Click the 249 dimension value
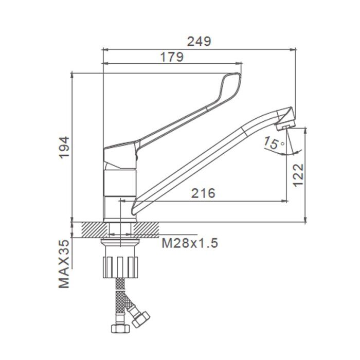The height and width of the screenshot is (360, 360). (x=199, y=42)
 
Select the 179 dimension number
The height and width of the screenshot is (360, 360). (x=172, y=57)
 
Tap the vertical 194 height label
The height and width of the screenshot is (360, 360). (x=64, y=147)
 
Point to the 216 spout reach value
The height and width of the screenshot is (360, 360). (x=203, y=193)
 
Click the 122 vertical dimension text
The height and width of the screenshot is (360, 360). (x=298, y=175)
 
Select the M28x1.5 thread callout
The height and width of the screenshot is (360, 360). (x=190, y=243)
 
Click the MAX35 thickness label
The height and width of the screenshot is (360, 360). (x=64, y=264)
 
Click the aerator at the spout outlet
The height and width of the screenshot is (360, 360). (x=285, y=125)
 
